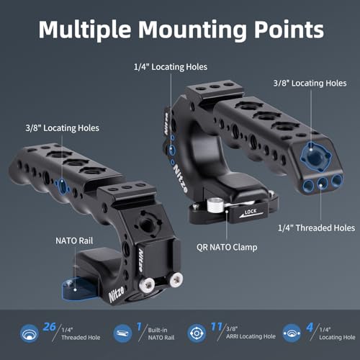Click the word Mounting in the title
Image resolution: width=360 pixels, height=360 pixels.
click(x=192, y=31)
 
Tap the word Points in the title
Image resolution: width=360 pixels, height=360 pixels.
click(x=289, y=30)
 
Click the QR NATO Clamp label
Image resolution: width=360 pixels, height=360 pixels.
click(x=227, y=247)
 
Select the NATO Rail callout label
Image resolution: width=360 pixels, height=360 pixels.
click(x=74, y=240)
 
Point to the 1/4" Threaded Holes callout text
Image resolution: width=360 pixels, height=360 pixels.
click(x=316, y=228)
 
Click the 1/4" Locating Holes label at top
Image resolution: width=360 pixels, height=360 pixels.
click(x=171, y=67)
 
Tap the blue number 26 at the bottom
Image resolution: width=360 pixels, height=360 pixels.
click(x=49, y=327)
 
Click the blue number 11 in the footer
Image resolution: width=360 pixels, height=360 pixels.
click(x=217, y=326)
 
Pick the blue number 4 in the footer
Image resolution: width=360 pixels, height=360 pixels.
click(x=310, y=328)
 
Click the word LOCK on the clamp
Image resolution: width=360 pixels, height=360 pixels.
click(x=251, y=212)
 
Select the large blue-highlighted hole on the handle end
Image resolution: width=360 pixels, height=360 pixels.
click(x=316, y=157)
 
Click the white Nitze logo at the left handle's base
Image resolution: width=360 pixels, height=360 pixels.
click(x=117, y=294)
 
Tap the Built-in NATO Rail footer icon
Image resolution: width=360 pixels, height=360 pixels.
click(x=122, y=333)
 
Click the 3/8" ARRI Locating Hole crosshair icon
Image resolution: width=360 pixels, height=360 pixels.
click(x=197, y=333)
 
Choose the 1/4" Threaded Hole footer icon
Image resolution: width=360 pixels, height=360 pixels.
click(x=30, y=333)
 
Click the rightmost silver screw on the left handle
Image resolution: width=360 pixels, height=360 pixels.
click(x=176, y=279)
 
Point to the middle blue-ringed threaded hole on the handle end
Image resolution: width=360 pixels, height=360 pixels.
click(x=323, y=184)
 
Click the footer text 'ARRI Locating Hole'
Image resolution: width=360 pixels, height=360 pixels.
click(x=251, y=336)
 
